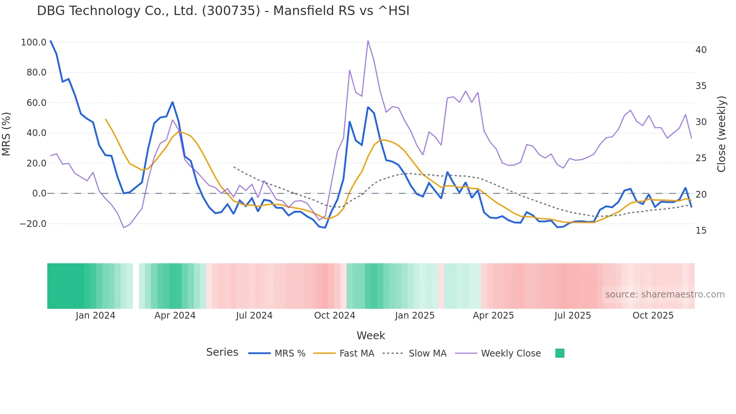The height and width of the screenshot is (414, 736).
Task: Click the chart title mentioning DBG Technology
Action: coord(223,11)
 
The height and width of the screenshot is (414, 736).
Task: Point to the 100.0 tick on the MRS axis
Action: coord(33,42)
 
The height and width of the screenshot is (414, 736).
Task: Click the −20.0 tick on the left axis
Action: coord(33,224)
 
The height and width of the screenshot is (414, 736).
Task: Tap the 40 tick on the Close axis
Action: coord(701,50)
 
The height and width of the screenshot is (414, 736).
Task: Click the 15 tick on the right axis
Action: coord(701,231)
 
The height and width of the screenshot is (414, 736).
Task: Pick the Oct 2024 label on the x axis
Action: coord(334,316)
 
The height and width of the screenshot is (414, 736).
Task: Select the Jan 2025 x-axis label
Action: coord(414,316)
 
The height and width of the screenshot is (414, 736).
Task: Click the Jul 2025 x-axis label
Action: coord(572,316)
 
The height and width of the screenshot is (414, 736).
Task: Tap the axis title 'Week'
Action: coord(371,335)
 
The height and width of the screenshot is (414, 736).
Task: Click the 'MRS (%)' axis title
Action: coord(6,134)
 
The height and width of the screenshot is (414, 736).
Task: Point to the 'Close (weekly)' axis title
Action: coord(721,134)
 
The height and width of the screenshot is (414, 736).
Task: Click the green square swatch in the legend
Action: coord(560,353)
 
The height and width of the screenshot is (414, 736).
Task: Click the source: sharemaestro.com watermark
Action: coord(665,295)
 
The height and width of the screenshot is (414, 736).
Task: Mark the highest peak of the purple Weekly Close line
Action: coord(368,41)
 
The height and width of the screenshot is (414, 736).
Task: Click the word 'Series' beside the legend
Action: coord(222,352)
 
